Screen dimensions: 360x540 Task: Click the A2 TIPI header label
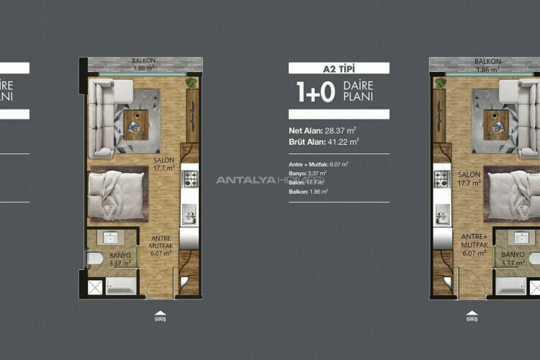click(x=338, y=69)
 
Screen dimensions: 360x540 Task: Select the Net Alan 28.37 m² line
click(x=324, y=130)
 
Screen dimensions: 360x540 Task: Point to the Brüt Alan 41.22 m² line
click(x=325, y=142)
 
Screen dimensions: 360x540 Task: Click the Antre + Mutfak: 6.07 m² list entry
click(x=319, y=164)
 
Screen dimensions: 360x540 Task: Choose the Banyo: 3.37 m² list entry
click(x=308, y=174)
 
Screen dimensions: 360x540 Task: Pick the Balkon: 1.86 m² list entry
click(x=309, y=192)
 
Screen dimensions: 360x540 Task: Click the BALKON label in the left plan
click(x=145, y=62)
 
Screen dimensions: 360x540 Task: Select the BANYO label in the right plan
click(x=513, y=254)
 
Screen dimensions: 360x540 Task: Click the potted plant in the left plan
click(x=192, y=84)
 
